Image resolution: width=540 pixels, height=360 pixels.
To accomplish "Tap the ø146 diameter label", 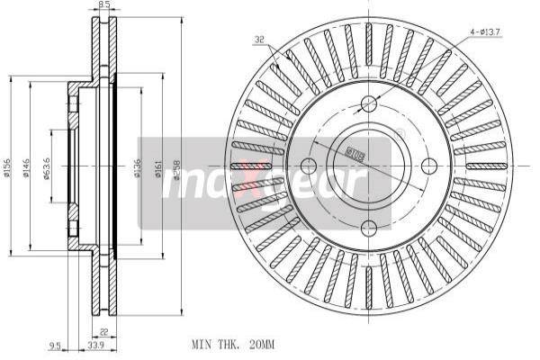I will pos(28,168).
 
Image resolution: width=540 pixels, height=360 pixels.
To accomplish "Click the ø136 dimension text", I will pos(136,168).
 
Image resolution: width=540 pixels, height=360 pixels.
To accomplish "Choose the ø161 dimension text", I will pos(159,168).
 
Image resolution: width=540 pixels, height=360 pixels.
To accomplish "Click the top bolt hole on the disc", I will pos(368,103).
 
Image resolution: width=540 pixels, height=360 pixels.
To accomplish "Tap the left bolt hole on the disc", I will pos(308,166).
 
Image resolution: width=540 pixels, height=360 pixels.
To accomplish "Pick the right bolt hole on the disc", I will pos(429,164).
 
